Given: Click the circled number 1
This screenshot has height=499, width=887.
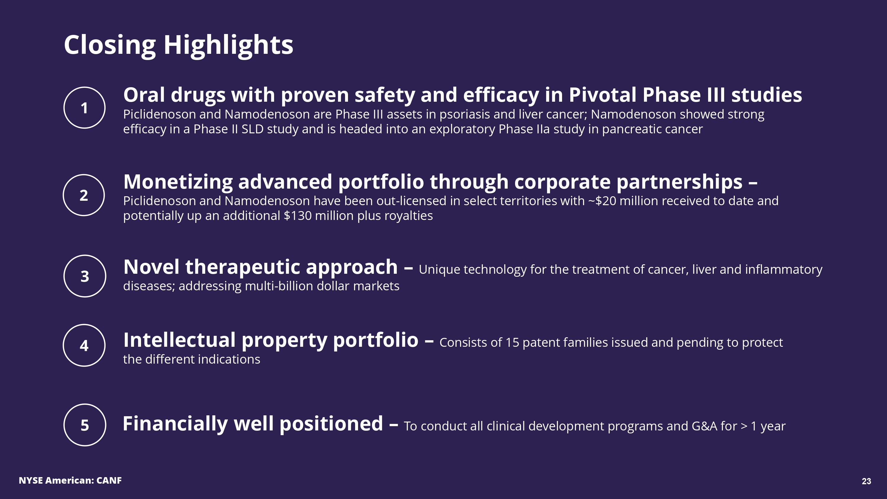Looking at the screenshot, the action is [84, 108].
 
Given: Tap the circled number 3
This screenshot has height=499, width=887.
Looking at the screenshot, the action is [85, 276].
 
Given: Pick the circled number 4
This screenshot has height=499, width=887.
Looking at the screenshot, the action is [84, 345].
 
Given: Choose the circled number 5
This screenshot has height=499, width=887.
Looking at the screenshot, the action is [85, 425].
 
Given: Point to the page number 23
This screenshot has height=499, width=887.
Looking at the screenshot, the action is [866, 481].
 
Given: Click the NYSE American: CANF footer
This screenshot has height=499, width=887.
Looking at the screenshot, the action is [70, 480].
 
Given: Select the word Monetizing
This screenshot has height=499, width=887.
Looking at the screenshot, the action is [178, 182].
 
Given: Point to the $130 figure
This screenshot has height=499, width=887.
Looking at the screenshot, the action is [297, 216].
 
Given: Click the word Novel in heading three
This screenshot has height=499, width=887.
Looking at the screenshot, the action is [151, 267].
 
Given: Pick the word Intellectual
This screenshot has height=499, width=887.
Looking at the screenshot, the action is [179, 340].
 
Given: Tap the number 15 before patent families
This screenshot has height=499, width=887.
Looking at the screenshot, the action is [512, 343].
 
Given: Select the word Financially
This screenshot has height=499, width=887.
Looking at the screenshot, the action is [175, 424].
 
